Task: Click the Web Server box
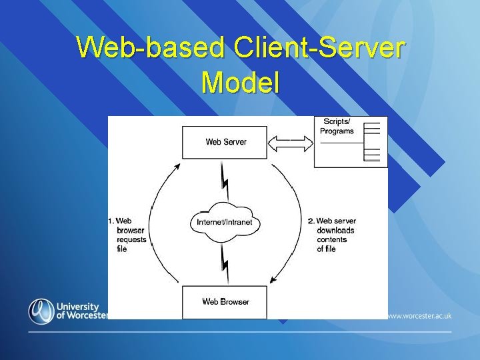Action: [x=225, y=142]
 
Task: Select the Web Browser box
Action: [x=225, y=302]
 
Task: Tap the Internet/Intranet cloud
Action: [x=225, y=221]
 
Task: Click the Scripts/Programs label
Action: [x=337, y=126]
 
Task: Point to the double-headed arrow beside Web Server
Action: [x=290, y=142]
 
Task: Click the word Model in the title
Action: [x=240, y=83]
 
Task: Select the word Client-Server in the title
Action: [x=318, y=48]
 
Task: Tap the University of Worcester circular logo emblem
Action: [x=41, y=311]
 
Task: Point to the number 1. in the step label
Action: [x=111, y=221]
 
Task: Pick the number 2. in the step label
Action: [x=311, y=221]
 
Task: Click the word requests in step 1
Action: [x=131, y=239]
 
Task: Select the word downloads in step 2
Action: [x=335, y=230]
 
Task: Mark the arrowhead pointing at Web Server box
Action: [x=177, y=166]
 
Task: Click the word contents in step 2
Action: [x=331, y=239]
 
